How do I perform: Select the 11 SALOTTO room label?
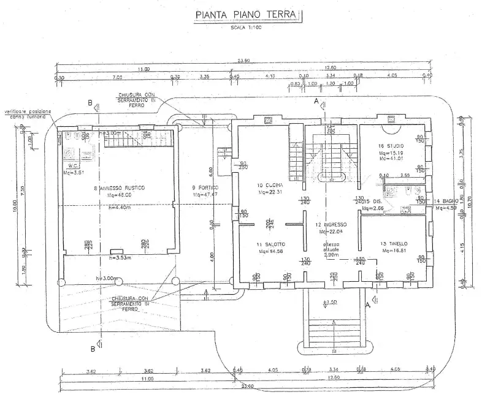(270, 244)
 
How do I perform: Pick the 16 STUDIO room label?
(391, 145)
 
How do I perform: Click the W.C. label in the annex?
(73, 165)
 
